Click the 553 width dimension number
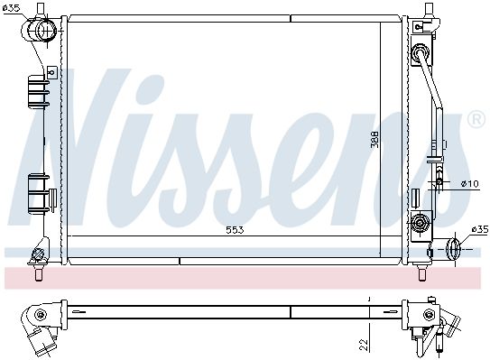coord(235,230)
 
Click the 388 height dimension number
coord(374,139)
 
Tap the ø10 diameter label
coord(469,184)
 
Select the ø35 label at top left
coord(11,8)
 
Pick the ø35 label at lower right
coord(480,230)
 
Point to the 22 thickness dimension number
coord(364,345)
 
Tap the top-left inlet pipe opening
coord(46,31)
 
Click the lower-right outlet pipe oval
coord(453,249)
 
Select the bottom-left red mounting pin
coord(39,275)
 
